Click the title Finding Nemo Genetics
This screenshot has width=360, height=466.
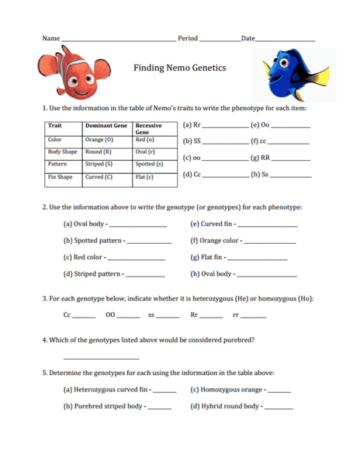(x=180, y=68)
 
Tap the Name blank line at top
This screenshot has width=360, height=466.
(x=118, y=40)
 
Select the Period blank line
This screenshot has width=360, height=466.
(x=219, y=40)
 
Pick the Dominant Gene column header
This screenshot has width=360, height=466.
(x=106, y=125)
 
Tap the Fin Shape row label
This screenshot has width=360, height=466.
(x=61, y=177)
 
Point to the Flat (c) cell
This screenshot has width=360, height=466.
(x=145, y=177)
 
